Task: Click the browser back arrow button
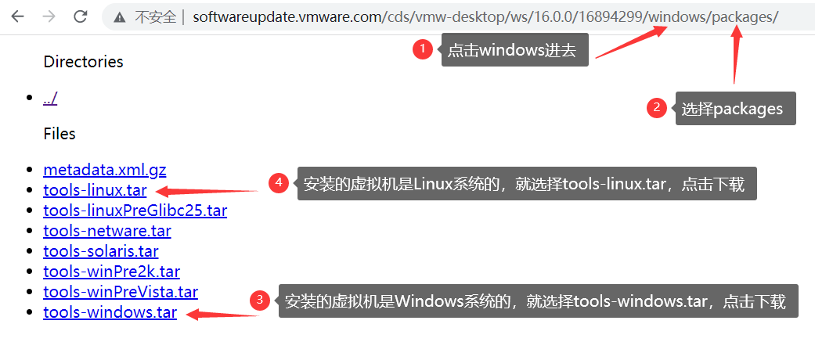click(17, 16)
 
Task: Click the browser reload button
click(80, 16)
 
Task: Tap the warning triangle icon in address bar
click(119, 17)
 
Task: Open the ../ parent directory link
click(50, 98)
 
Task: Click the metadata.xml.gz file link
click(105, 170)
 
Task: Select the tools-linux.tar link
click(95, 190)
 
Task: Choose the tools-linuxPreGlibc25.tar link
click(135, 211)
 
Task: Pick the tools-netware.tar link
click(107, 231)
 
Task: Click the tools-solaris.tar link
click(101, 251)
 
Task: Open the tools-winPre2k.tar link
click(111, 272)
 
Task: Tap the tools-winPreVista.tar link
click(121, 292)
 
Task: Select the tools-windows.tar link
click(110, 312)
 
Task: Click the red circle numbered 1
click(423, 49)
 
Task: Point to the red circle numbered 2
click(657, 108)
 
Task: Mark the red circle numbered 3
click(260, 301)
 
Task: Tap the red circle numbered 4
click(279, 183)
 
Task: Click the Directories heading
click(83, 62)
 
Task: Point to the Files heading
click(60, 134)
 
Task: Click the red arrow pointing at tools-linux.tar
click(207, 190)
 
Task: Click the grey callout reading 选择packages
click(735, 109)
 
